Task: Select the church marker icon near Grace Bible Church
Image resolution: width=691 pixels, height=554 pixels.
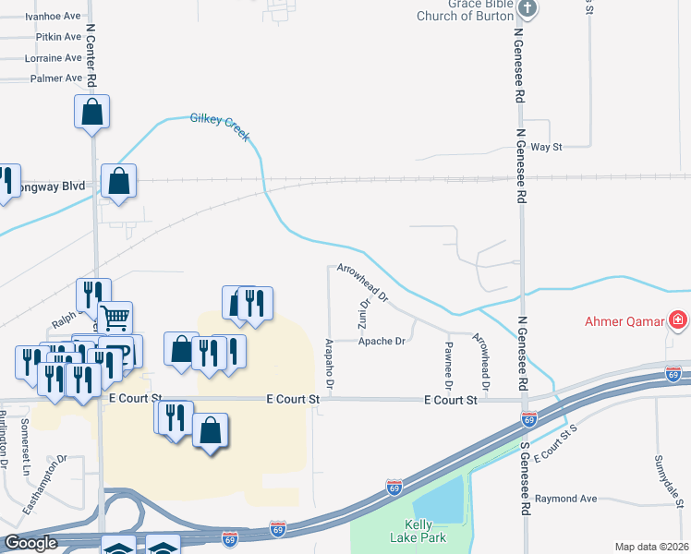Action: coord(527,9)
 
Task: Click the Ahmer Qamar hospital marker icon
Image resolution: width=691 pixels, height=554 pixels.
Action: coord(678,320)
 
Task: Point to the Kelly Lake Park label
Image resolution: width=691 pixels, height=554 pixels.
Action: coord(425,531)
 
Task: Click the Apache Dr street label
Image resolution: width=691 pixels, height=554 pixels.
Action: coord(382,341)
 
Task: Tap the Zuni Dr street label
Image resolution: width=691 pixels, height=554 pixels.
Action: coord(363,316)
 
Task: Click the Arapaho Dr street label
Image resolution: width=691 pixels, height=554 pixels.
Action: coord(329,362)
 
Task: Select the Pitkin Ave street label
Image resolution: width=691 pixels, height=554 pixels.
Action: coord(59,37)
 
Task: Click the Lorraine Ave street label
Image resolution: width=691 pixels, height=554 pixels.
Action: coord(55,57)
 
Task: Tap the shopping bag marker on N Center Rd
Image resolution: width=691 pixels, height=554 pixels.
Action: coord(92,112)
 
